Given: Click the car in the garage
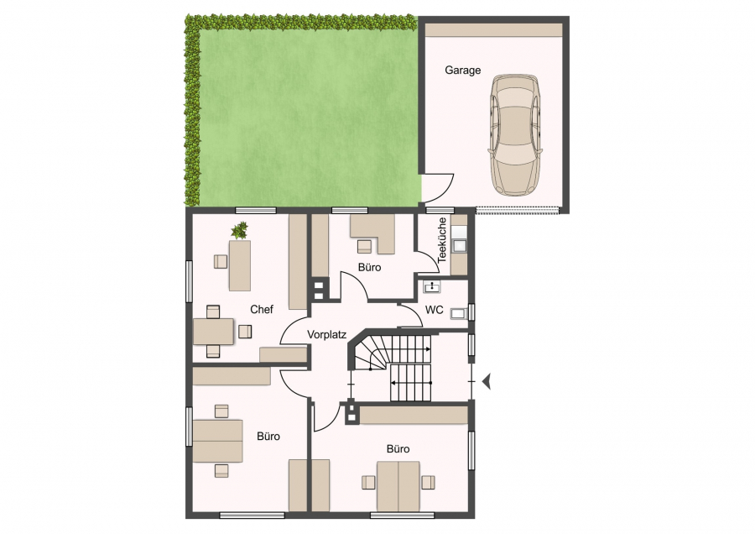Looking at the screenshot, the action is pos(515,135).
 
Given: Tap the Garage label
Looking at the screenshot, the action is pos(463,71).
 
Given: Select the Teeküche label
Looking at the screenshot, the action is pos(442,240).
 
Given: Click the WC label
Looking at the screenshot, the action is pos(435,310).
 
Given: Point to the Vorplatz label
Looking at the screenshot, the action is pos(327,334).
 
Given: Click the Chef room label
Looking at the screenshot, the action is pos(262,310).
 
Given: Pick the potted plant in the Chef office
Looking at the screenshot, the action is pos(240,230).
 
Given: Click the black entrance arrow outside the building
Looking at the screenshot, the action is pos(486,381).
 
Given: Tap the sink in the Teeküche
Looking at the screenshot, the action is pos(460,246).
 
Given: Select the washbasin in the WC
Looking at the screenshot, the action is pos(432,287).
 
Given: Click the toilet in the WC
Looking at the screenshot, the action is pos(460,314).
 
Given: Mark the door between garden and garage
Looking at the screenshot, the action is pos(437,188).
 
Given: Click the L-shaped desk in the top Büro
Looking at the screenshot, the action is pos(372,233).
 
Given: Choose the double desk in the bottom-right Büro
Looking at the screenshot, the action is pos(398,486).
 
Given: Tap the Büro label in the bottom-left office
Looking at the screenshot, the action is pos(268,437).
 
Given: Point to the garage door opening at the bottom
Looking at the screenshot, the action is pos(517,210).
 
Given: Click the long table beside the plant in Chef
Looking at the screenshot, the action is pos(240,265).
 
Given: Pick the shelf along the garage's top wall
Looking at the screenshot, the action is pos(493,29).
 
